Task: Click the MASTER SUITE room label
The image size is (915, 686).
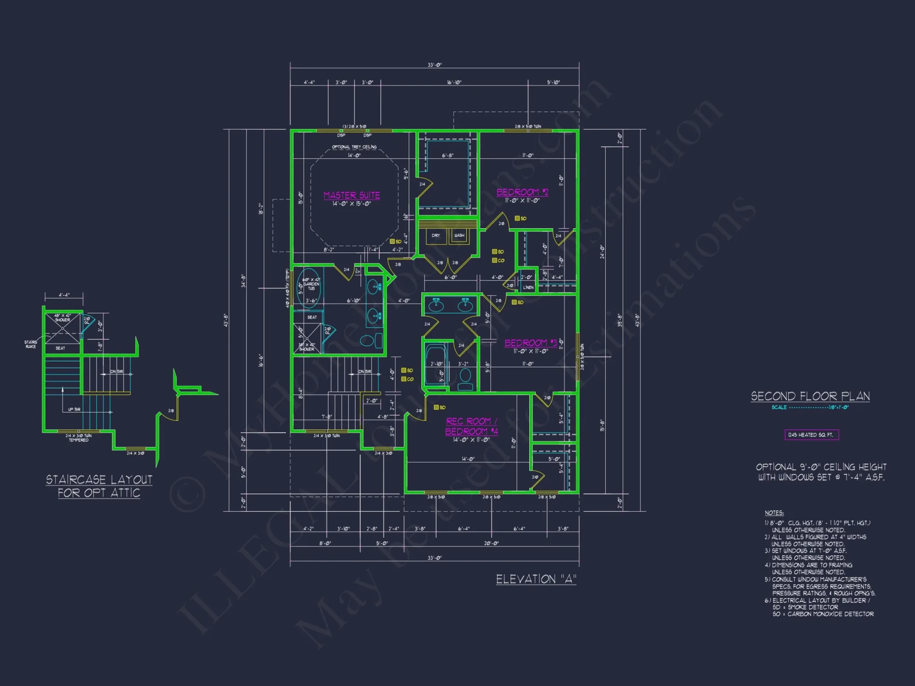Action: point(351,195)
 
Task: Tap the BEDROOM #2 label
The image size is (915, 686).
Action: point(522,192)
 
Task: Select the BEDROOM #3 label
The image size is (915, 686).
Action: point(531,343)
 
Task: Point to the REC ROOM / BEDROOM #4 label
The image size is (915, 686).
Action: point(471,426)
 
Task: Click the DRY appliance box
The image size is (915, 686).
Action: point(436,236)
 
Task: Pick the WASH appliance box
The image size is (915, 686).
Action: point(459,236)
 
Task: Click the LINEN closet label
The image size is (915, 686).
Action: point(528,287)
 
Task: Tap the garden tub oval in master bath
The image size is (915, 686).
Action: point(309,286)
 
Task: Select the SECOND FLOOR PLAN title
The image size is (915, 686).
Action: point(810,396)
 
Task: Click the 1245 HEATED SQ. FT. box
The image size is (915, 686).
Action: point(812,435)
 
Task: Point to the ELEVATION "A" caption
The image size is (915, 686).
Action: point(536,579)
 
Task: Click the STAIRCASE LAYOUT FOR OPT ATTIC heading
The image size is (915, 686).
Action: point(99,486)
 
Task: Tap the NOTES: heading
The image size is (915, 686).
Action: point(774,513)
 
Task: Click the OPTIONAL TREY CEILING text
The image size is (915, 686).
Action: point(354,147)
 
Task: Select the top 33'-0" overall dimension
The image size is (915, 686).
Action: point(434,65)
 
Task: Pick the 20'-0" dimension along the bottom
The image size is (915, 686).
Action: point(491,543)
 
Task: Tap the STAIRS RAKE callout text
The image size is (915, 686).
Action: point(31,344)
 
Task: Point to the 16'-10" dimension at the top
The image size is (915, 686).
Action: point(454,82)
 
